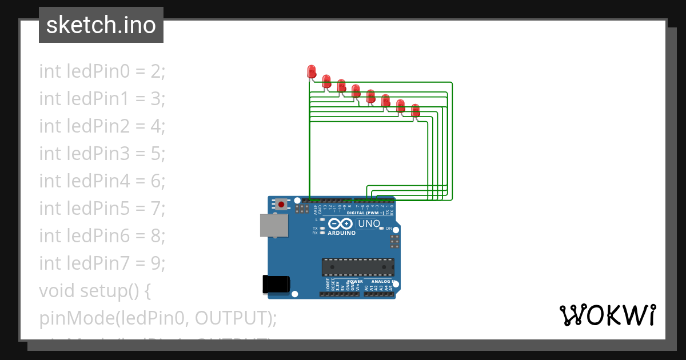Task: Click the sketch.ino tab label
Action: click(x=101, y=25)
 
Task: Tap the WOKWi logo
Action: click(x=607, y=315)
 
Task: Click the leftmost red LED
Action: click(x=312, y=71)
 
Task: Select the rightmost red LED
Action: click(x=416, y=110)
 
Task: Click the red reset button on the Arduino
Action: click(x=281, y=203)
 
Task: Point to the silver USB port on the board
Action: click(x=274, y=225)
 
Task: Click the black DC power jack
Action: click(x=276, y=284)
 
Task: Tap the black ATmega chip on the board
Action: click(x=358, y=267)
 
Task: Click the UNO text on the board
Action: click(x=369, y=223)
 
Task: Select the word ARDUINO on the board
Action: click(x=342, y=233)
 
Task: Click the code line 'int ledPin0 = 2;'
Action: click(x=102, y=71)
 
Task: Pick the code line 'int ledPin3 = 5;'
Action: click(x=102, y=154)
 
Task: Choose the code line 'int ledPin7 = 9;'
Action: click(x=102, y=263)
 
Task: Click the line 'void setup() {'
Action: click(x=94, y=291)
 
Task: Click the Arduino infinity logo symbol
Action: click(x=341, y=223)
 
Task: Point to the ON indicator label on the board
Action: click(x=389, y=229)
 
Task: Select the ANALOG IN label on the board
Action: click(x=384, y=282)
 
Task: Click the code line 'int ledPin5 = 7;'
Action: click(x=102, y=209)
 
